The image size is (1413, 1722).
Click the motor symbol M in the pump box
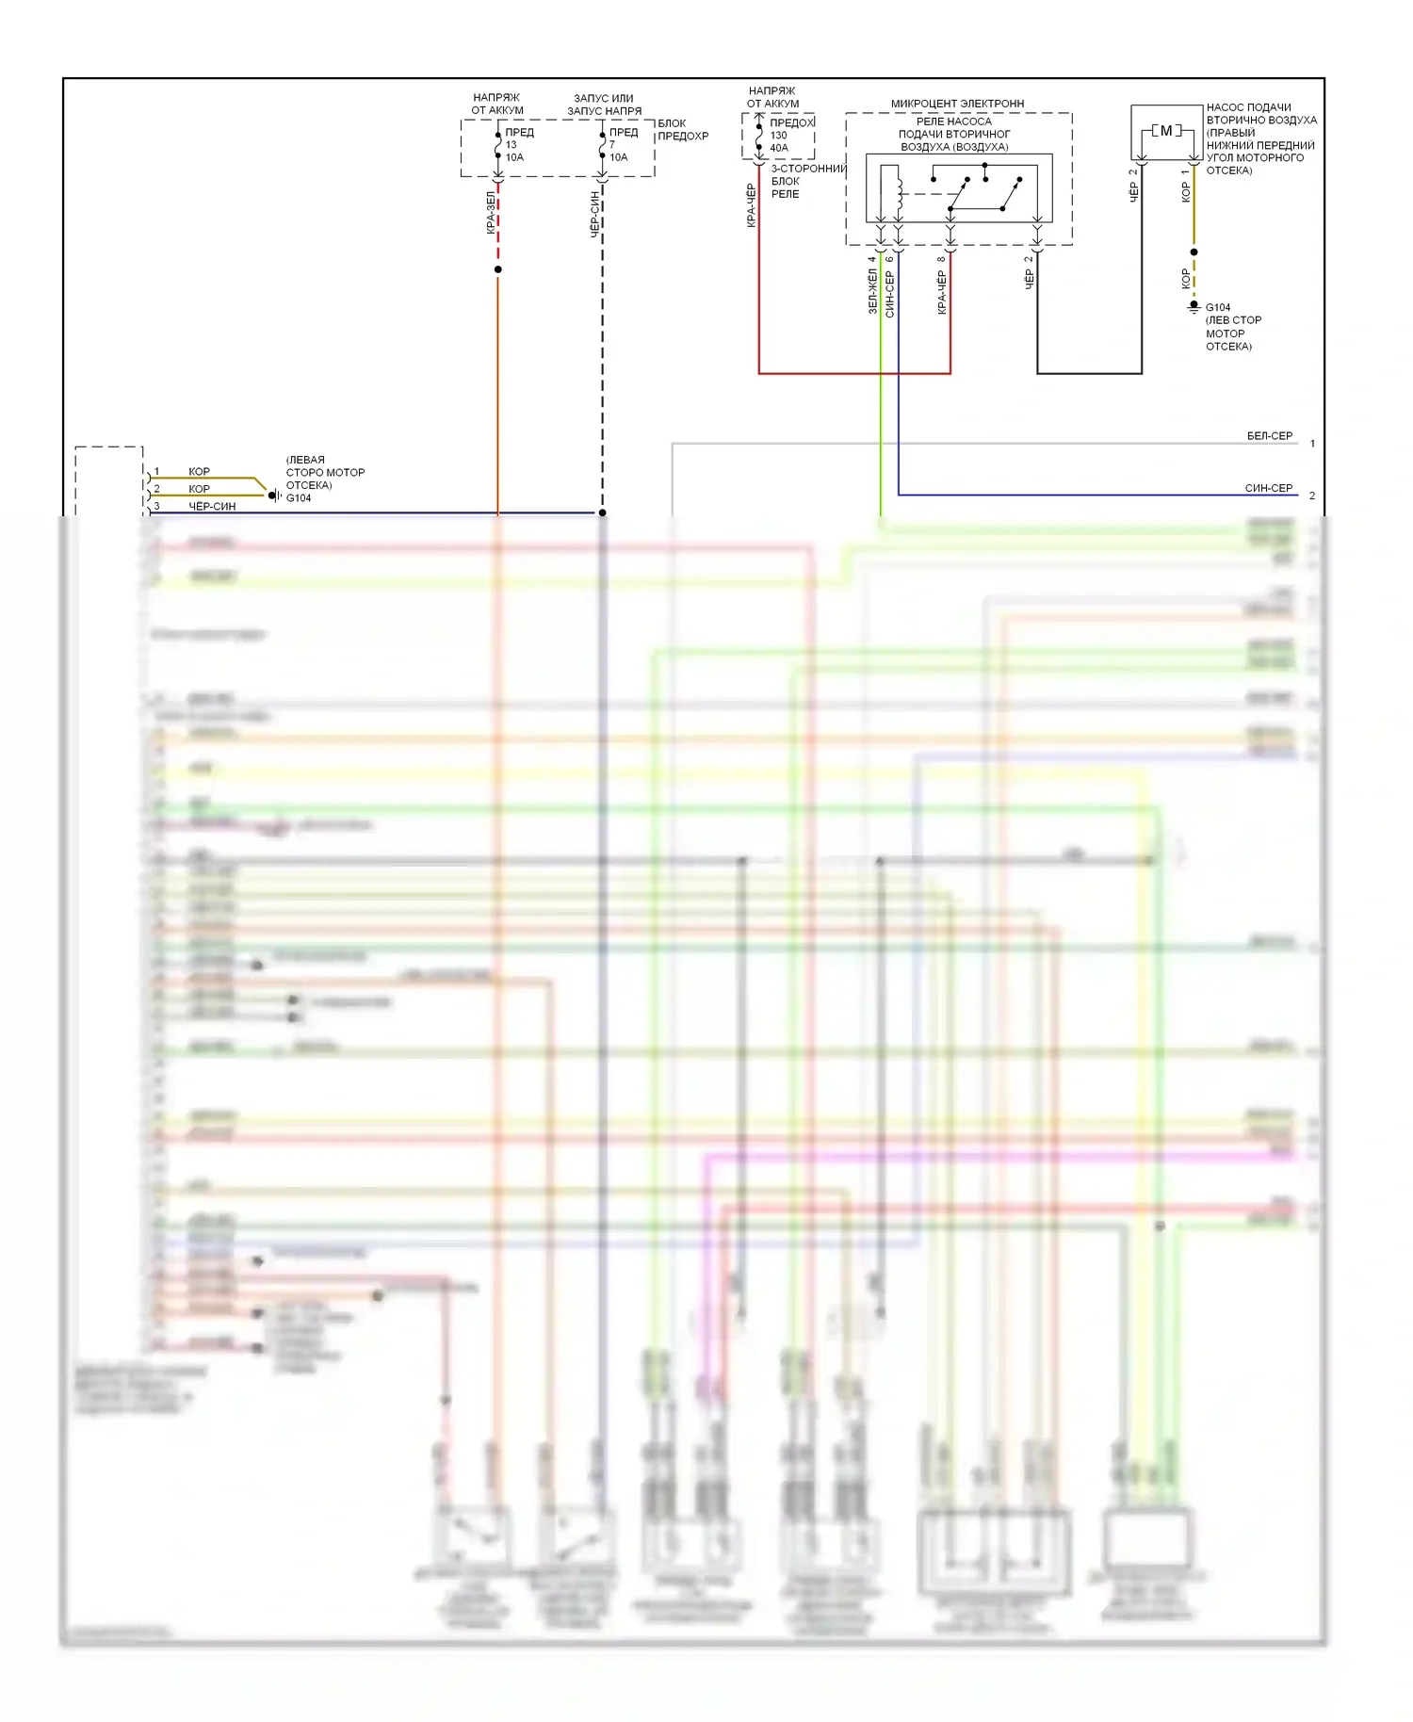coord(1166,131)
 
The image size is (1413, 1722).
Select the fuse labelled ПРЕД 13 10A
coord(498,145)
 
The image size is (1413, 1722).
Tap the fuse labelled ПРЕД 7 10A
coord(603,145)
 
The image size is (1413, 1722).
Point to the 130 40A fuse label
coord(779,141)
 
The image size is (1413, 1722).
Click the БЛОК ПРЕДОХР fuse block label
coord(683,130)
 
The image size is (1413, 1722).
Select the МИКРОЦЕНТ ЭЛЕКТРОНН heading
coord(957,104)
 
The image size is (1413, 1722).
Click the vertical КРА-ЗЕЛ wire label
coord(491,213)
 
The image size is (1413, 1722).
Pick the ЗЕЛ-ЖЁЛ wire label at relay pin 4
coord(872,291)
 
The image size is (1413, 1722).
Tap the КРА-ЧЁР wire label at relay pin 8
coord(941,292)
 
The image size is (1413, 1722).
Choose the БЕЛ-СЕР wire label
coord(1269,436)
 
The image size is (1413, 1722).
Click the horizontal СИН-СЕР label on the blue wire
coord(1268,488)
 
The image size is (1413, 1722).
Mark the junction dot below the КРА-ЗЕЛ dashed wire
coord(498,269)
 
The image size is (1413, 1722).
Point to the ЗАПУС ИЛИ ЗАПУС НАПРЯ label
coord(604,105)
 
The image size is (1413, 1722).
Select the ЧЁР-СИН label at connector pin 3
coord(212,507)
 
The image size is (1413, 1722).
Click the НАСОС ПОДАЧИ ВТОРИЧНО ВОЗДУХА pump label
coord(1260,138)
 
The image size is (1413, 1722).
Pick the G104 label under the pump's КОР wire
coord(1217,307)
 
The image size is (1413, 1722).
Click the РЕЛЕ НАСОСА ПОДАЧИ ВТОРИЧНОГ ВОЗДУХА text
coord(954,134)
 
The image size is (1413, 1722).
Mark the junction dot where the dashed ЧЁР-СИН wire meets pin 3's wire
coord(603,513)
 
